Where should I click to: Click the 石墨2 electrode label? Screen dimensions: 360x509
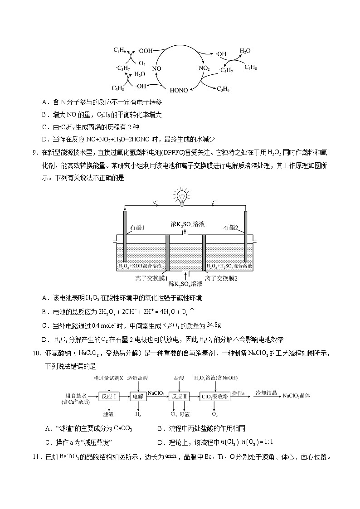pos(231,227)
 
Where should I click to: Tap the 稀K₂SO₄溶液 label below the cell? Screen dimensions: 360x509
pos(185,284)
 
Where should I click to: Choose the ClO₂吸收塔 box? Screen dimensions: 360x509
pos(215,396)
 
